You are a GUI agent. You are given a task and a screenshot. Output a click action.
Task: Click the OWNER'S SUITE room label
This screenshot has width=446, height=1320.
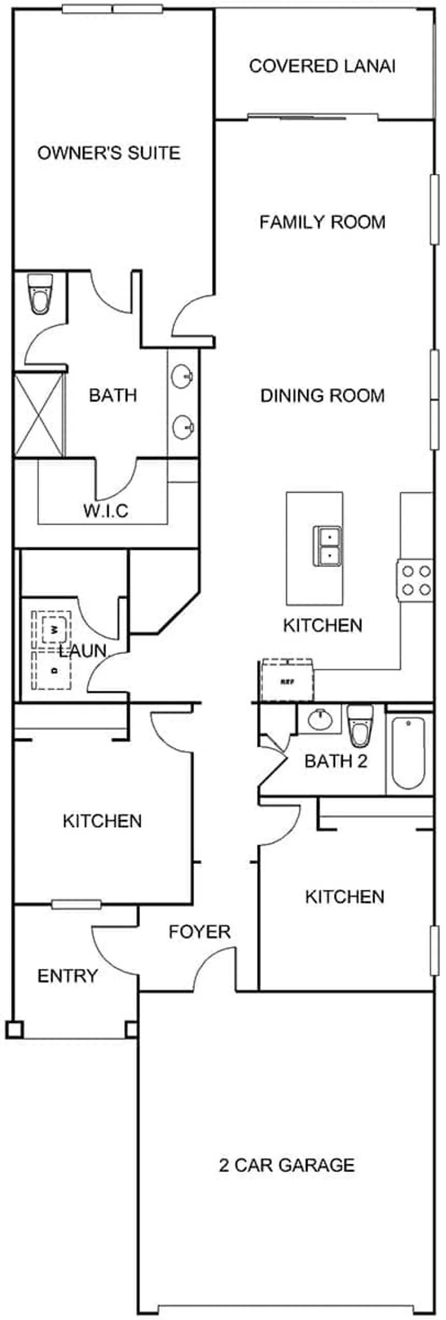coord(109,153)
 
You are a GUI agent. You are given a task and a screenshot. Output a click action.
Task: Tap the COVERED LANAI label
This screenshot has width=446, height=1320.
coord(322,66)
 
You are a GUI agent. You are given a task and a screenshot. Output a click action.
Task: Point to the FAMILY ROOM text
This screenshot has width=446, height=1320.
coord(322,222)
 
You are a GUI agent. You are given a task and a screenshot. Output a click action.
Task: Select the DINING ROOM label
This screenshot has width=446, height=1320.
coord(322,396)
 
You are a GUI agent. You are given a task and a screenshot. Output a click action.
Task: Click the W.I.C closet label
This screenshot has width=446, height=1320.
coord(106,511)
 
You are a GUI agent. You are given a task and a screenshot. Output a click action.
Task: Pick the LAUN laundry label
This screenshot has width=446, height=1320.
coord(82,650)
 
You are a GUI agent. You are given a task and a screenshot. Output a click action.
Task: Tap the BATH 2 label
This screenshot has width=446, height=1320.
coord(336,761)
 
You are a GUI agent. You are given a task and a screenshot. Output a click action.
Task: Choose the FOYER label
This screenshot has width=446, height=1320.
coord(200,932)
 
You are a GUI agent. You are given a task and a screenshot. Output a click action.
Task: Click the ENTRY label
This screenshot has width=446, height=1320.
coord(67,976)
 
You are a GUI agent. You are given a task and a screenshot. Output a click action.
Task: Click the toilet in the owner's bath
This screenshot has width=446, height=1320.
coord(40,294)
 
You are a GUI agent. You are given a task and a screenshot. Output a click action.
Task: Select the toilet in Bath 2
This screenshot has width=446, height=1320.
coord(359,725)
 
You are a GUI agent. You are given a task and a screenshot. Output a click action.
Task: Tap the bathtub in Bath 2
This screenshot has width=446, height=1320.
coord(409,752)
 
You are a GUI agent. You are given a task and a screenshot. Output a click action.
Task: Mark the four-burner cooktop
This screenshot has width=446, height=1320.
coord(415,580)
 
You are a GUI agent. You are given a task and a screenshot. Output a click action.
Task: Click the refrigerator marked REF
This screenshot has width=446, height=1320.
coord(287,681)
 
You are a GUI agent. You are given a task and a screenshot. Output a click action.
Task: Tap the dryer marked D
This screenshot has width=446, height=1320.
coord(52,670)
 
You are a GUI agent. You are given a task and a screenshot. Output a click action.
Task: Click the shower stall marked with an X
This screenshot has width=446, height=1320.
coord(39,415)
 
